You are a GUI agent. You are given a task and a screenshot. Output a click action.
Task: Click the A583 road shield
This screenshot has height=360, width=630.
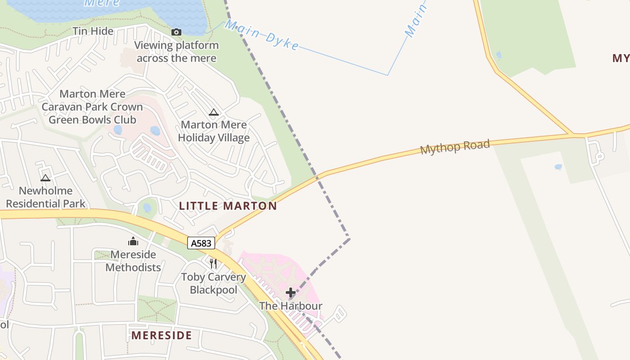tap(201, 243)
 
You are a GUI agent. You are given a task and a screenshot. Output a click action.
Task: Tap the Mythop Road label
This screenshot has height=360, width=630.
tap(454, 147)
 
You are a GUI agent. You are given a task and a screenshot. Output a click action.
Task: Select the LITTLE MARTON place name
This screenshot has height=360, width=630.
tap(228, 206)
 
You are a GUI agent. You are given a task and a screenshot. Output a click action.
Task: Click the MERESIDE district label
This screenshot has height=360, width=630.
tap(162, 335)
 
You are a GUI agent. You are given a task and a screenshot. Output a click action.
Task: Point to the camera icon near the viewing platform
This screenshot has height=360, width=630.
tap(176, 32)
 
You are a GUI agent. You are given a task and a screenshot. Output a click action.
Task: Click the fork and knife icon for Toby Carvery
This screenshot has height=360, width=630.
tap(213, 263)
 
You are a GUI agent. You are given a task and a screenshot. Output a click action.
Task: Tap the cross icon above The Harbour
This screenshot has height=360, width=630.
tap(291, 293)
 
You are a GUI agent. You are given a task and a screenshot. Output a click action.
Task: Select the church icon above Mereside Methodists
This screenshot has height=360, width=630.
tap(133, 242)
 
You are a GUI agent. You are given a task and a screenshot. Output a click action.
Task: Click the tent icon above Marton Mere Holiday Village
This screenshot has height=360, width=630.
tap(214, 112)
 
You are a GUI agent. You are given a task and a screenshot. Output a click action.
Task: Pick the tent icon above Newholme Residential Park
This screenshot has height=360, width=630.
tap(45, 178)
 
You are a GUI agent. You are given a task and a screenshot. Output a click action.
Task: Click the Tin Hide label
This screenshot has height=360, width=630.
tap(93, 31)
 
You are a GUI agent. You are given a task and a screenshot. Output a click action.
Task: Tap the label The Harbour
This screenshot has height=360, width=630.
tap(291, 306)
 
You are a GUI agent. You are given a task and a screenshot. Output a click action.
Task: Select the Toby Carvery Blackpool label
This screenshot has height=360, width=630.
tap(213, 283)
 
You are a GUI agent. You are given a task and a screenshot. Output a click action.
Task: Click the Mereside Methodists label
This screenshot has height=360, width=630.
tap(133, 261)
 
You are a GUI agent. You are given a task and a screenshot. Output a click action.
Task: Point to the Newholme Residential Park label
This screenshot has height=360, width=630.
tap(45, 197)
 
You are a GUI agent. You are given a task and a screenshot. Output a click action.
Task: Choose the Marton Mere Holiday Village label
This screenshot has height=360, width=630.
tap(214, 131)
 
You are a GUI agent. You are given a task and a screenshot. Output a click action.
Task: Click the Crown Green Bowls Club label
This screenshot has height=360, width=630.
tap(92, 107)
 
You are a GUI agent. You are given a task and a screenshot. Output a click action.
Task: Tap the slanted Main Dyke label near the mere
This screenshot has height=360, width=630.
tap(261, 35)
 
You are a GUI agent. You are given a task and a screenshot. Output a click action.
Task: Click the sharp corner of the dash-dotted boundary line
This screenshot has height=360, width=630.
tap(349, 238)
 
